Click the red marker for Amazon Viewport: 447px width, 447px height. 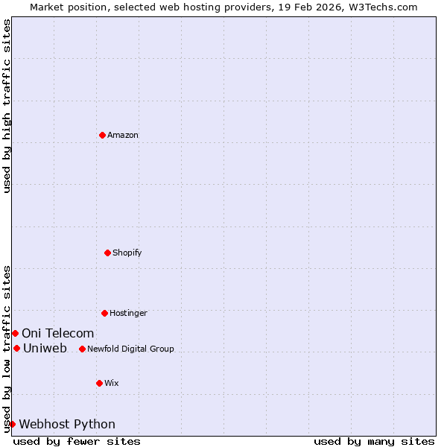103,135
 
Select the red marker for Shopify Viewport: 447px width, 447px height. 108,253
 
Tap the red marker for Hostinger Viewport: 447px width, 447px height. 105,313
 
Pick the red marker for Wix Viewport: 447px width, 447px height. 100,383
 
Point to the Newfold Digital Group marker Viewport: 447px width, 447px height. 83,349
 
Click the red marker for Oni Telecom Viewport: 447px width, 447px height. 15,333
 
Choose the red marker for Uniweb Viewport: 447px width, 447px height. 16,348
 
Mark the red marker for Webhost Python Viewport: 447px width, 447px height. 12,424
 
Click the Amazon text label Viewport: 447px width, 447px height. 123,135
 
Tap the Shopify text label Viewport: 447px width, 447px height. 127,253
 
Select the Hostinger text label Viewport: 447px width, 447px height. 128,313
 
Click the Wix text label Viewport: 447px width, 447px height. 112,383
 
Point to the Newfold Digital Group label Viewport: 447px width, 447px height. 130,349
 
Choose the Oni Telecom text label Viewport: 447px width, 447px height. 58,333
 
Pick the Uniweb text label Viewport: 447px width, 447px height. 45,348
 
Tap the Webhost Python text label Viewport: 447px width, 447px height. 67,424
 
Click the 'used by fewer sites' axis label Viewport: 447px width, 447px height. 77,441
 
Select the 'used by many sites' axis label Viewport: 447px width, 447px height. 374,441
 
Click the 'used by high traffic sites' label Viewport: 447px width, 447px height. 7,106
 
